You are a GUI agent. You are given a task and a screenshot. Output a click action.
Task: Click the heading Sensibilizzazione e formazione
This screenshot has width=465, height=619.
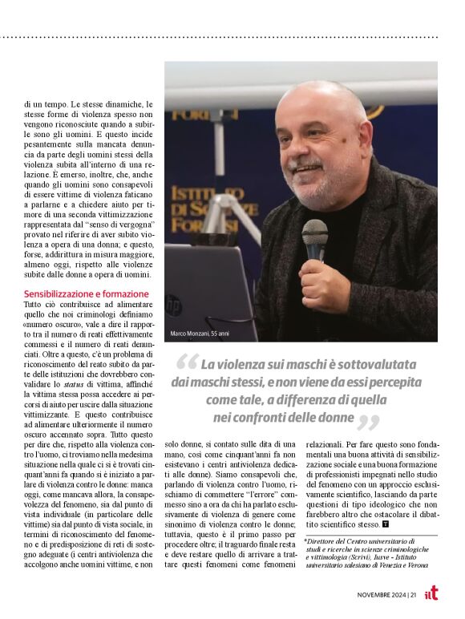tap(87, 293)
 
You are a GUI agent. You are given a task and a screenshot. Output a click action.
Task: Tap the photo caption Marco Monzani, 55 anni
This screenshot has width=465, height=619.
tap(200, 333)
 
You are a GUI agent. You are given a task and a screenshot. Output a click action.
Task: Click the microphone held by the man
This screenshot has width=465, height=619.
tap(314, 241)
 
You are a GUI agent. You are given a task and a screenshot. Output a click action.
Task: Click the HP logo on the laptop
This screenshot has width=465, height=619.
tap(173, 305)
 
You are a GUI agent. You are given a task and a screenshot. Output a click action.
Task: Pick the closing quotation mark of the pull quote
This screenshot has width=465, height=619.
tap(368, 422)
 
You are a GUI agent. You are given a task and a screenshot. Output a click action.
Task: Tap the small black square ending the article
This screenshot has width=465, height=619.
tap(386, 524)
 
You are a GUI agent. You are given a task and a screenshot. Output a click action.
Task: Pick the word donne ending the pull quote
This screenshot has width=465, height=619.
tap(335, 417)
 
